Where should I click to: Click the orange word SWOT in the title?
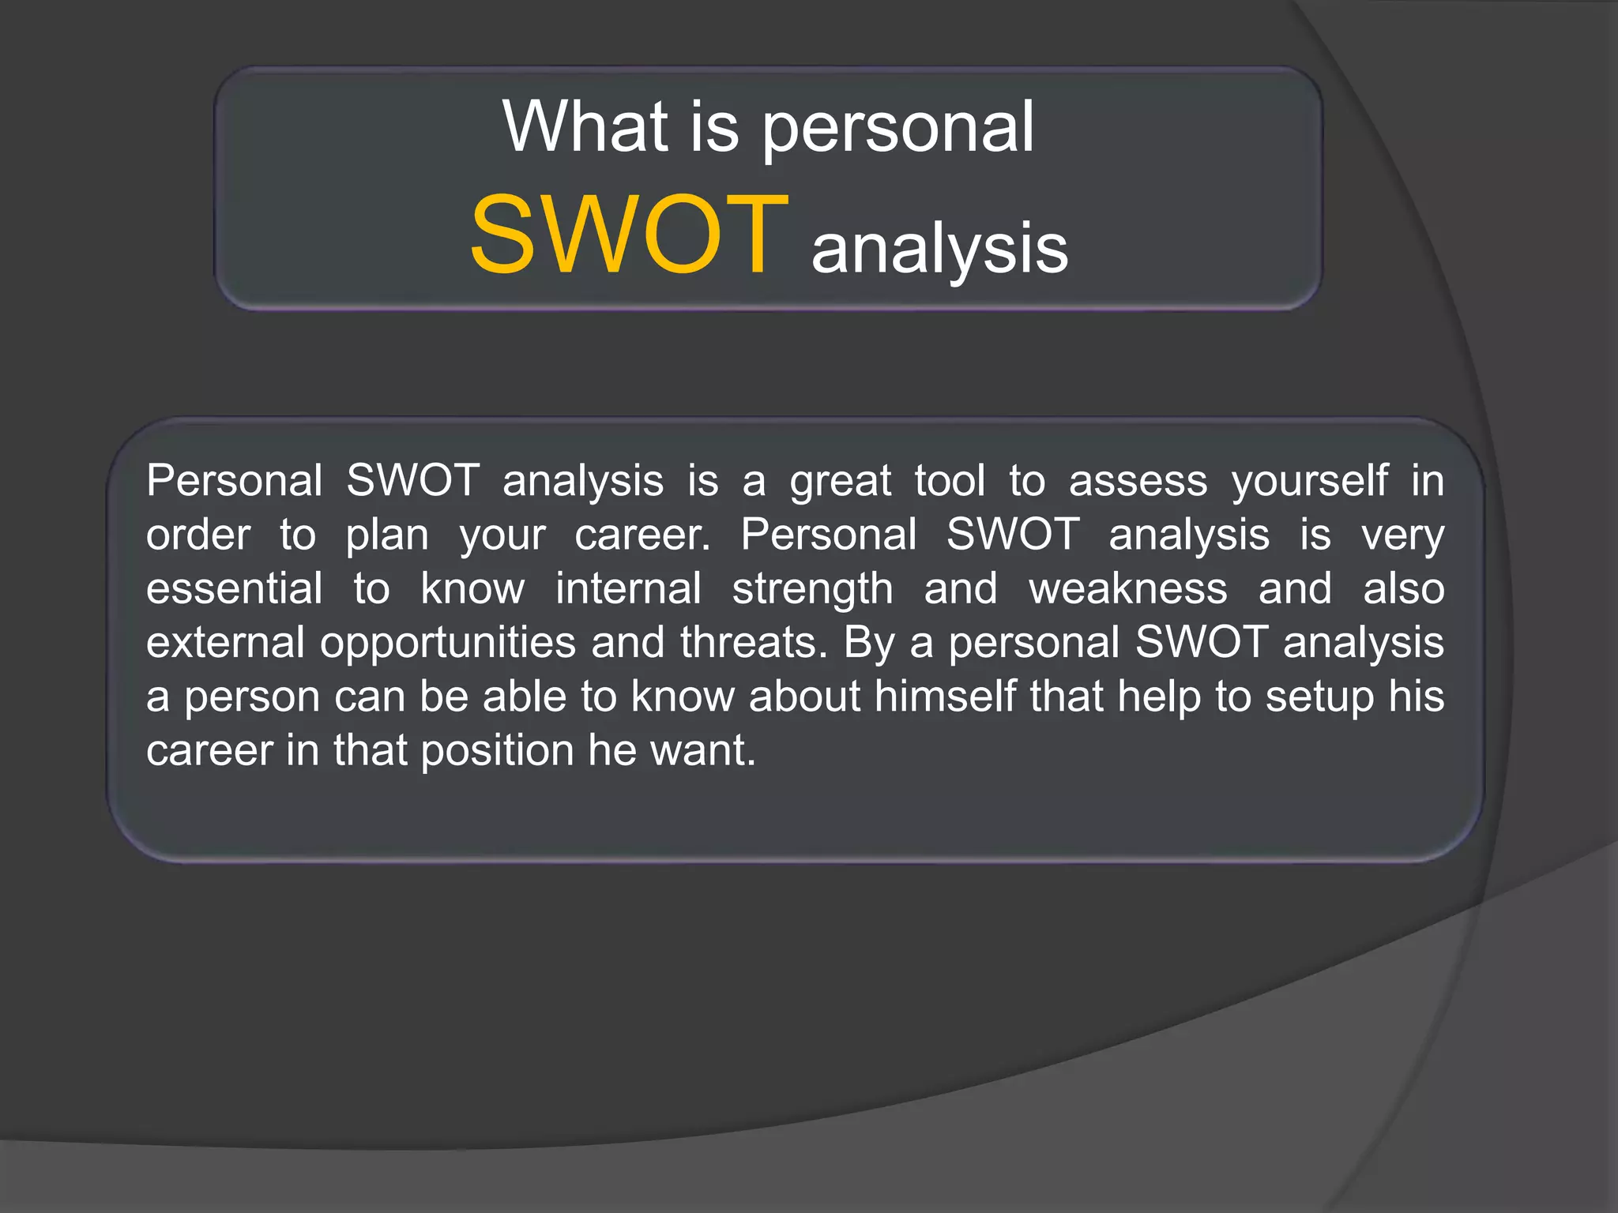(x=629, y=235)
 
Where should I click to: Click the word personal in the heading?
(x=897, y=130)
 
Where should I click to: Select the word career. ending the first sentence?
(x=642, y=535)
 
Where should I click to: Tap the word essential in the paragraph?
(x=234, y=589)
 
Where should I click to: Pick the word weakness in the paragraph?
(x=1127, y=589)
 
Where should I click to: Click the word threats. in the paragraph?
(x=754, y=643)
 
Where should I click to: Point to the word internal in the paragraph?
(x=628, y=589)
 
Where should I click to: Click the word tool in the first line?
(x=950, y=481)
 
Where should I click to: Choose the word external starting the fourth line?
(x=225, y=643)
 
